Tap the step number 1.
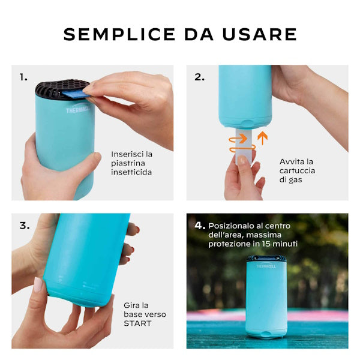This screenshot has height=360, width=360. coord(23,77)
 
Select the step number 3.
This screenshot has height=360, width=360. coord(24,226)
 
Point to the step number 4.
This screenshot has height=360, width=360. coord(200,226)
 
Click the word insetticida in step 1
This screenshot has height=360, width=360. coord(131,172)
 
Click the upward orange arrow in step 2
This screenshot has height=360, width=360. coord(262,138)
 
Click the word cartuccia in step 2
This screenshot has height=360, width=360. coord(298,171)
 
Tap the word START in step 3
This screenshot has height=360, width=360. coord(138,323)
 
